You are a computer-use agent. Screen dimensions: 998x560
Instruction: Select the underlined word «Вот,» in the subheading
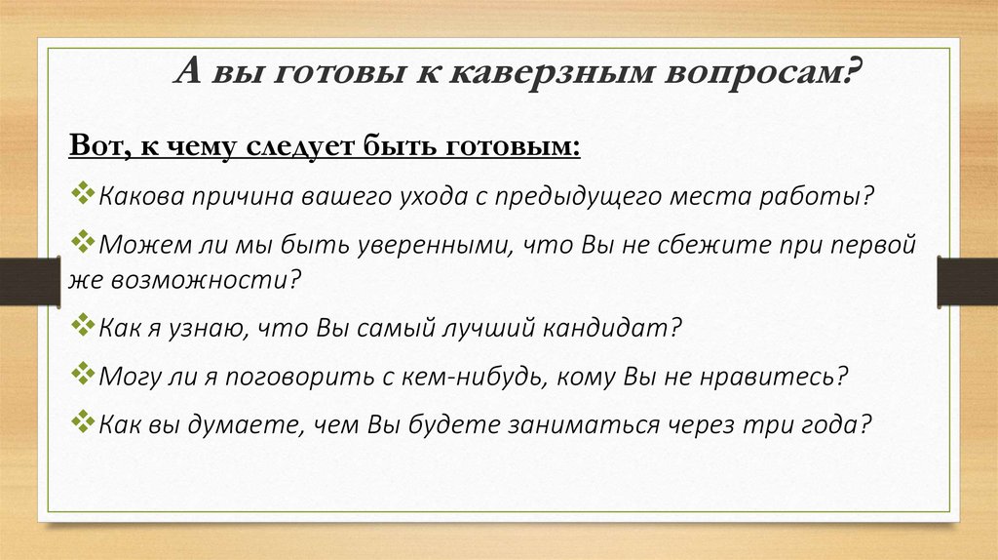click(100, 144)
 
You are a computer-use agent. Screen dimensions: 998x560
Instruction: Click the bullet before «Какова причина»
click(83, 192)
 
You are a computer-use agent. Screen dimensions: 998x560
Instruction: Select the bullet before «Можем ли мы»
click(83, 241)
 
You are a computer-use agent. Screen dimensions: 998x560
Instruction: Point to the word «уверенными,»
click(434, 245)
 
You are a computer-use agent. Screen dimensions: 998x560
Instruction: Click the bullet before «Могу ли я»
click(83, 373)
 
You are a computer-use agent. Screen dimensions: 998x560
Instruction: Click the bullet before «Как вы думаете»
click(83, 420)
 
